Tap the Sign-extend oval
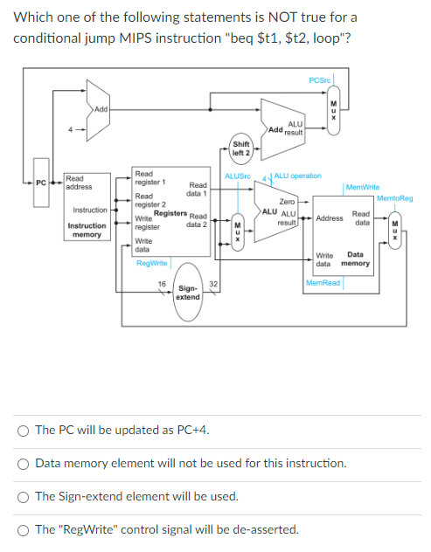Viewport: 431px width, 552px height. tap(187, 291)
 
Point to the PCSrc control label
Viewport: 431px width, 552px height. tap(319, 80)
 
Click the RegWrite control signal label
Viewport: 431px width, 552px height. tap(152, 263)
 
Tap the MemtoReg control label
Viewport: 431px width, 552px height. tap(395, 198)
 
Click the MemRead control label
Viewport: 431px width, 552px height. tap(323, 282)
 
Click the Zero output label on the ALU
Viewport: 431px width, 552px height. tap(287, 202)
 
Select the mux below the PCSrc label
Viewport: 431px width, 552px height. tap(332, 111)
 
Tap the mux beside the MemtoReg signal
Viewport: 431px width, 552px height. tap(395, 229)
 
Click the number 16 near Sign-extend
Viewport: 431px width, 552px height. tap(162, 283)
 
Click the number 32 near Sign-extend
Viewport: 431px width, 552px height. tap(212, 283)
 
